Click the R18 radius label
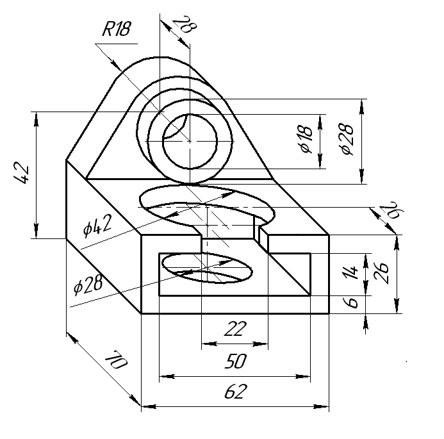(x=117, y=29)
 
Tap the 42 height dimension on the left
(x=22, y=173)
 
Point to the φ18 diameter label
(x=307, y=139)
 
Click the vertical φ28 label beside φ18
(x=347, y=139)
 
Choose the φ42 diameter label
(x=97, y=226)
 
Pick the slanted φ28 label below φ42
(x=88, y=285)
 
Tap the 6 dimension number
(x=351, y=302)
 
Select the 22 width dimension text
(x=235, y=329)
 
